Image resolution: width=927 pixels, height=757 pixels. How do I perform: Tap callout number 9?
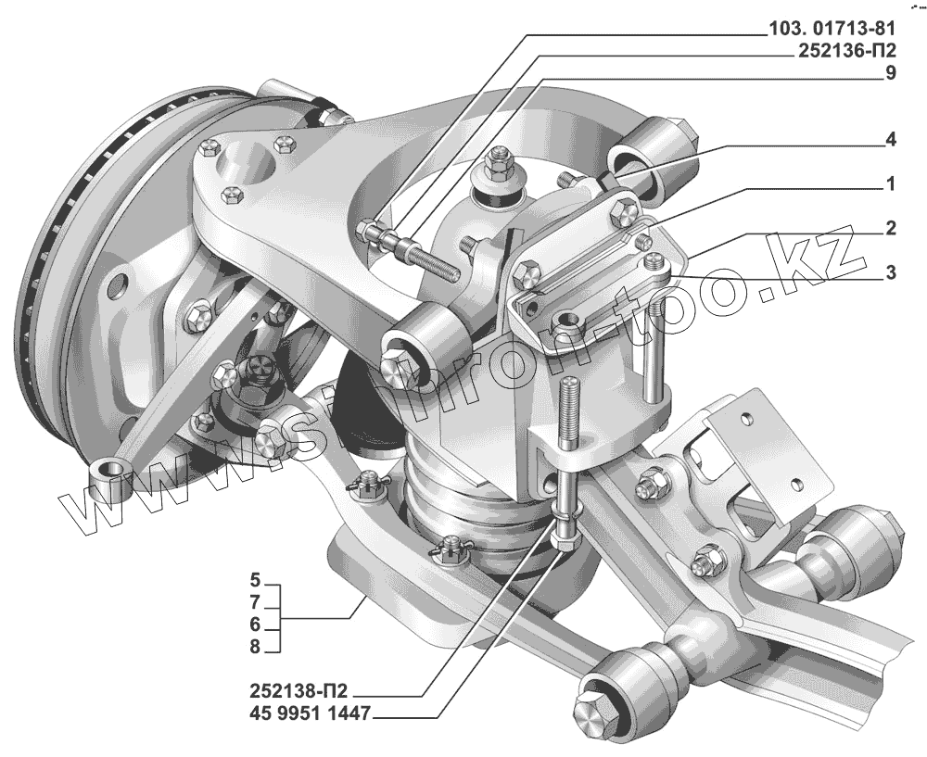coord(890,75)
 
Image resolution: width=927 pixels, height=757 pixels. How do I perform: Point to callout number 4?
coord(890,142)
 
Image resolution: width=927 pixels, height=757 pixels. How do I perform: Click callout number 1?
coord(890,184)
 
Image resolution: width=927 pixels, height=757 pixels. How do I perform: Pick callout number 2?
coord(890,227)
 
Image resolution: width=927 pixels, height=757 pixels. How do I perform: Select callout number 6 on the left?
coord(254,625)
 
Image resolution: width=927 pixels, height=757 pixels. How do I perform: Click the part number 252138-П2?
coord(302,692)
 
